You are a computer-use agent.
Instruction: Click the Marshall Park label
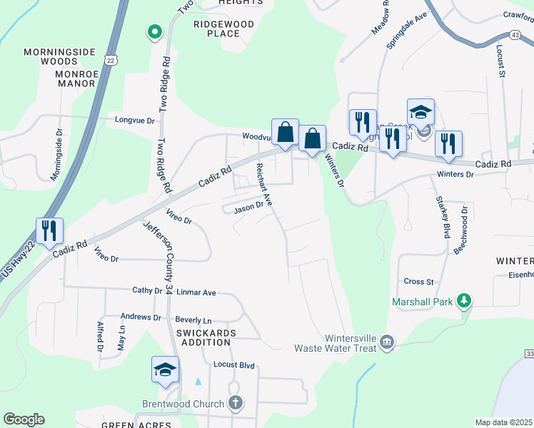423,302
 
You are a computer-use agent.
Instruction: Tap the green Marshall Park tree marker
465,300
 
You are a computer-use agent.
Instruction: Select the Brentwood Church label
183,404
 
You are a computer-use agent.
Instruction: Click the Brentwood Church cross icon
236,403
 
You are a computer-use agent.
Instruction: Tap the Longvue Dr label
135,121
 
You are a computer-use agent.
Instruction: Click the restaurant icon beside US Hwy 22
50,230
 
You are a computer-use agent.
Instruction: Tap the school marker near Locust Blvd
164,370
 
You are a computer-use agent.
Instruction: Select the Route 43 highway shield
515,34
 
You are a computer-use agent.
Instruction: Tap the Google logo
24,419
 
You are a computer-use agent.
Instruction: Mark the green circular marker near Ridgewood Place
153,31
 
